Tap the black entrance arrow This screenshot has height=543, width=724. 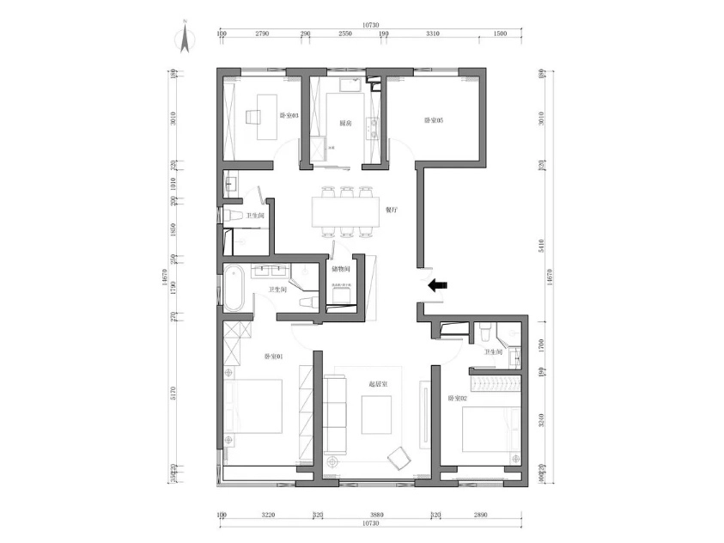[438, 286]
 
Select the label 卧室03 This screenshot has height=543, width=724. [289, 115]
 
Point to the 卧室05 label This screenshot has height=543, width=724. [434, 120]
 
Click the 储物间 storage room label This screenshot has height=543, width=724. [340, 269]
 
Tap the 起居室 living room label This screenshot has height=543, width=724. [380, 384]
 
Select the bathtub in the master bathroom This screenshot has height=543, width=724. [234, 289]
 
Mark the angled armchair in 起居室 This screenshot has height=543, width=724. [399, 457]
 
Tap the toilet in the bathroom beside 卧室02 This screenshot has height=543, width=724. [487, 331]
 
